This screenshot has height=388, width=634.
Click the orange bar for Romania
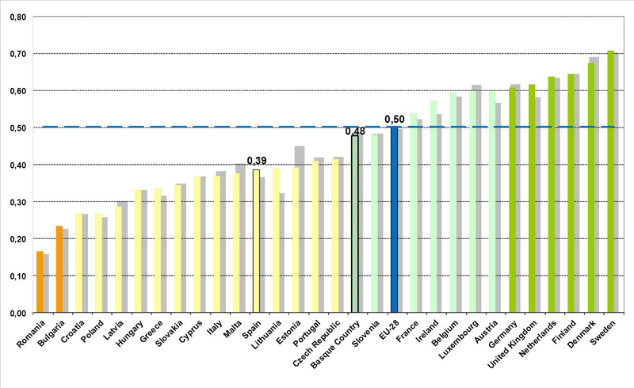pyautogui.click(x=40, y=282)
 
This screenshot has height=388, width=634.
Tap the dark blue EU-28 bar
pyautogui.click(x=394, y=220)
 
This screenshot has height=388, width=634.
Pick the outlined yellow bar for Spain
pyautogui.click(x=256, y=242)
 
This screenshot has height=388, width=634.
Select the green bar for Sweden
pyautogui.click(x=610, y=182)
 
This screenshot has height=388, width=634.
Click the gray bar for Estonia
pyautogui.click(x=300, y=230)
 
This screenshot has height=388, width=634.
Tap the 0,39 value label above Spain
pyautogui.click(x=257, y=161)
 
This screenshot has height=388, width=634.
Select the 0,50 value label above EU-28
pyautogui.click(x=394, y=119)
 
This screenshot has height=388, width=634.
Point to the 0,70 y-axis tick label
pyautogui.click(x=16, y=54)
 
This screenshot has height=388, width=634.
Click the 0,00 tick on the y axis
pyautogui.click(x=16, y=313)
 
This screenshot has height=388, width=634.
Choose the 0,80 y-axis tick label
pyautogui.click(x=16, y=17)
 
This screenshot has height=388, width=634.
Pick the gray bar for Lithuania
pyautogui.click(x=281, y=253)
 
